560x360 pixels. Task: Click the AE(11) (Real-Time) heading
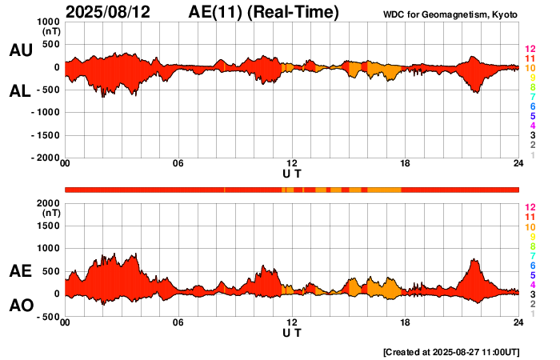coord(264,12)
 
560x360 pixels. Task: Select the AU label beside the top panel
coord(20,50)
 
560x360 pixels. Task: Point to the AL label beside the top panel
coord(20,91)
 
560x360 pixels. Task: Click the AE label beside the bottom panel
coord(20,271)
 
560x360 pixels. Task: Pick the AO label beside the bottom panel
coord(20,306)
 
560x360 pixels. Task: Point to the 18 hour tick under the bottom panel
coord(405,322)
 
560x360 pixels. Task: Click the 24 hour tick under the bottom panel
coord(518,322)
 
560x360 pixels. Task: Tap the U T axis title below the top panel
coord(292,174)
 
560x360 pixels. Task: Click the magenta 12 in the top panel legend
coord(530,49)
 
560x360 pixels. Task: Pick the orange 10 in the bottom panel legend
coord(530,226)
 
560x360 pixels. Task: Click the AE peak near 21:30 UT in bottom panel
coord(474,260)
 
